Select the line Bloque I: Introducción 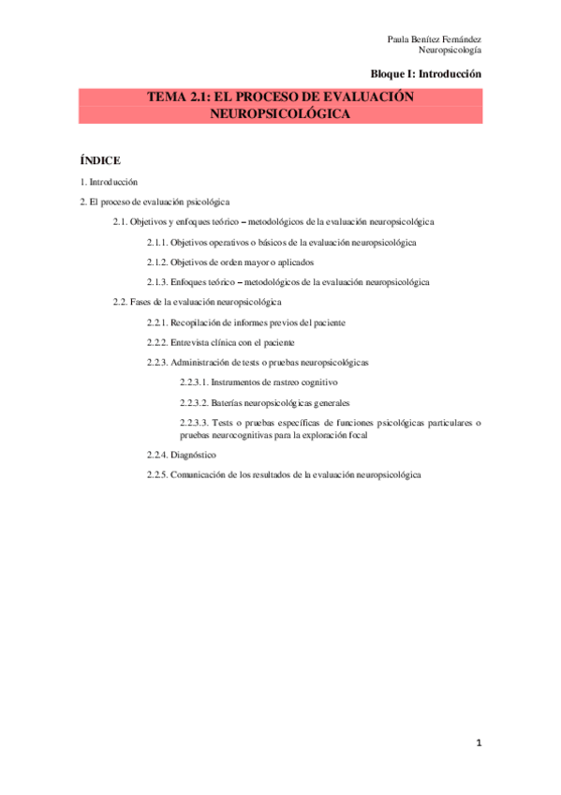point(426,73)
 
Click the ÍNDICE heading point(100,160)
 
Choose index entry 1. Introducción point(110,181)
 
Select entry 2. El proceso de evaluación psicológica point(155,202)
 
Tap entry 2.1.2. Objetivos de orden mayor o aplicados point(229,262)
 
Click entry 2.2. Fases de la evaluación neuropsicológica point(197,302)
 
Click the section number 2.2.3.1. point(194,382)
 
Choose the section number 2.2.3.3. point(194,423)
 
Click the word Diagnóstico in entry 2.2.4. point(195,455)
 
